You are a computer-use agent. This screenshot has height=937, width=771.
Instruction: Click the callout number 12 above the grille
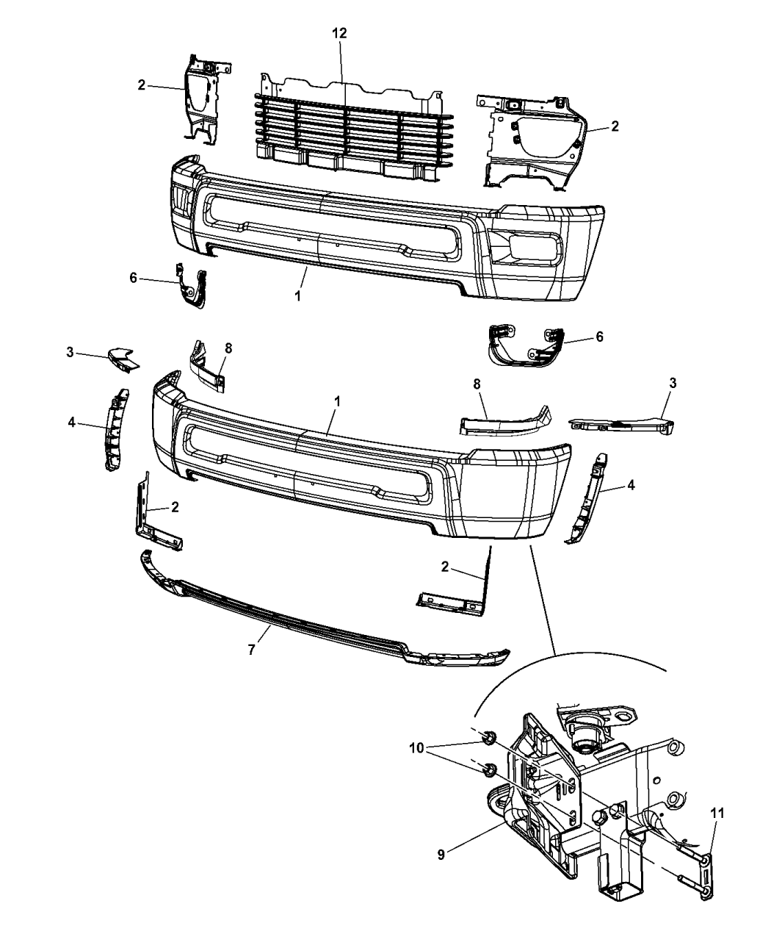(339, 33)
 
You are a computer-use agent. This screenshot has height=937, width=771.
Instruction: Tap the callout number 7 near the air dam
(252, 649)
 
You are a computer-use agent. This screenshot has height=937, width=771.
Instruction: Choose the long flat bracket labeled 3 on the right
(624, 426)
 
